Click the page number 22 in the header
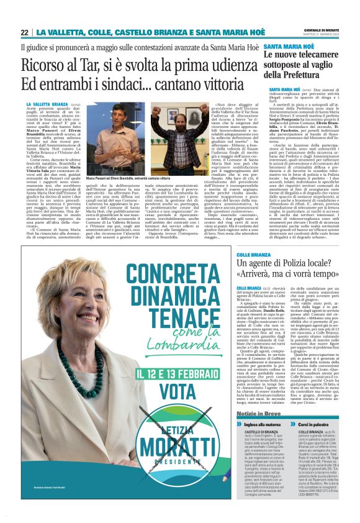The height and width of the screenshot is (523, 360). coord(25,32)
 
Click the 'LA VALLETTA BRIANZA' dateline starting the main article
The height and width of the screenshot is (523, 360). coord(47,104)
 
